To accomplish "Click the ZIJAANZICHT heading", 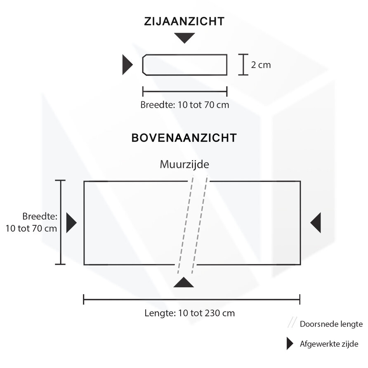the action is [184, 21].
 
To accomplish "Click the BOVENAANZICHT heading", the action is [184, 137].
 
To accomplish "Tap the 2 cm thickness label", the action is [261, 65].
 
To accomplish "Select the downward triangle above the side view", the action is [184, 38].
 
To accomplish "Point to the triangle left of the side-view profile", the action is [127, 65].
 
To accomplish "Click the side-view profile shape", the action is [184, 65].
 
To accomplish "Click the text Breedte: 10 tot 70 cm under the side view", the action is [184, 105].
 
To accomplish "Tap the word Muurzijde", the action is [184, 165].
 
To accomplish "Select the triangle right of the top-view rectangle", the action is [316, 223].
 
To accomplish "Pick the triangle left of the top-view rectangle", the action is [71, 223].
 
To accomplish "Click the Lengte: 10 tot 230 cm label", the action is [189, 313].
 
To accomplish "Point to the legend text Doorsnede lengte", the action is [331, 324].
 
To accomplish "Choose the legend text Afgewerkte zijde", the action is [328, 344].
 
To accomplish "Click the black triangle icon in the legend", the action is [290, 344].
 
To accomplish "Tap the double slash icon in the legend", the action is [291, 323].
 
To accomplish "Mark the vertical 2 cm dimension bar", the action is [243, 65].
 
